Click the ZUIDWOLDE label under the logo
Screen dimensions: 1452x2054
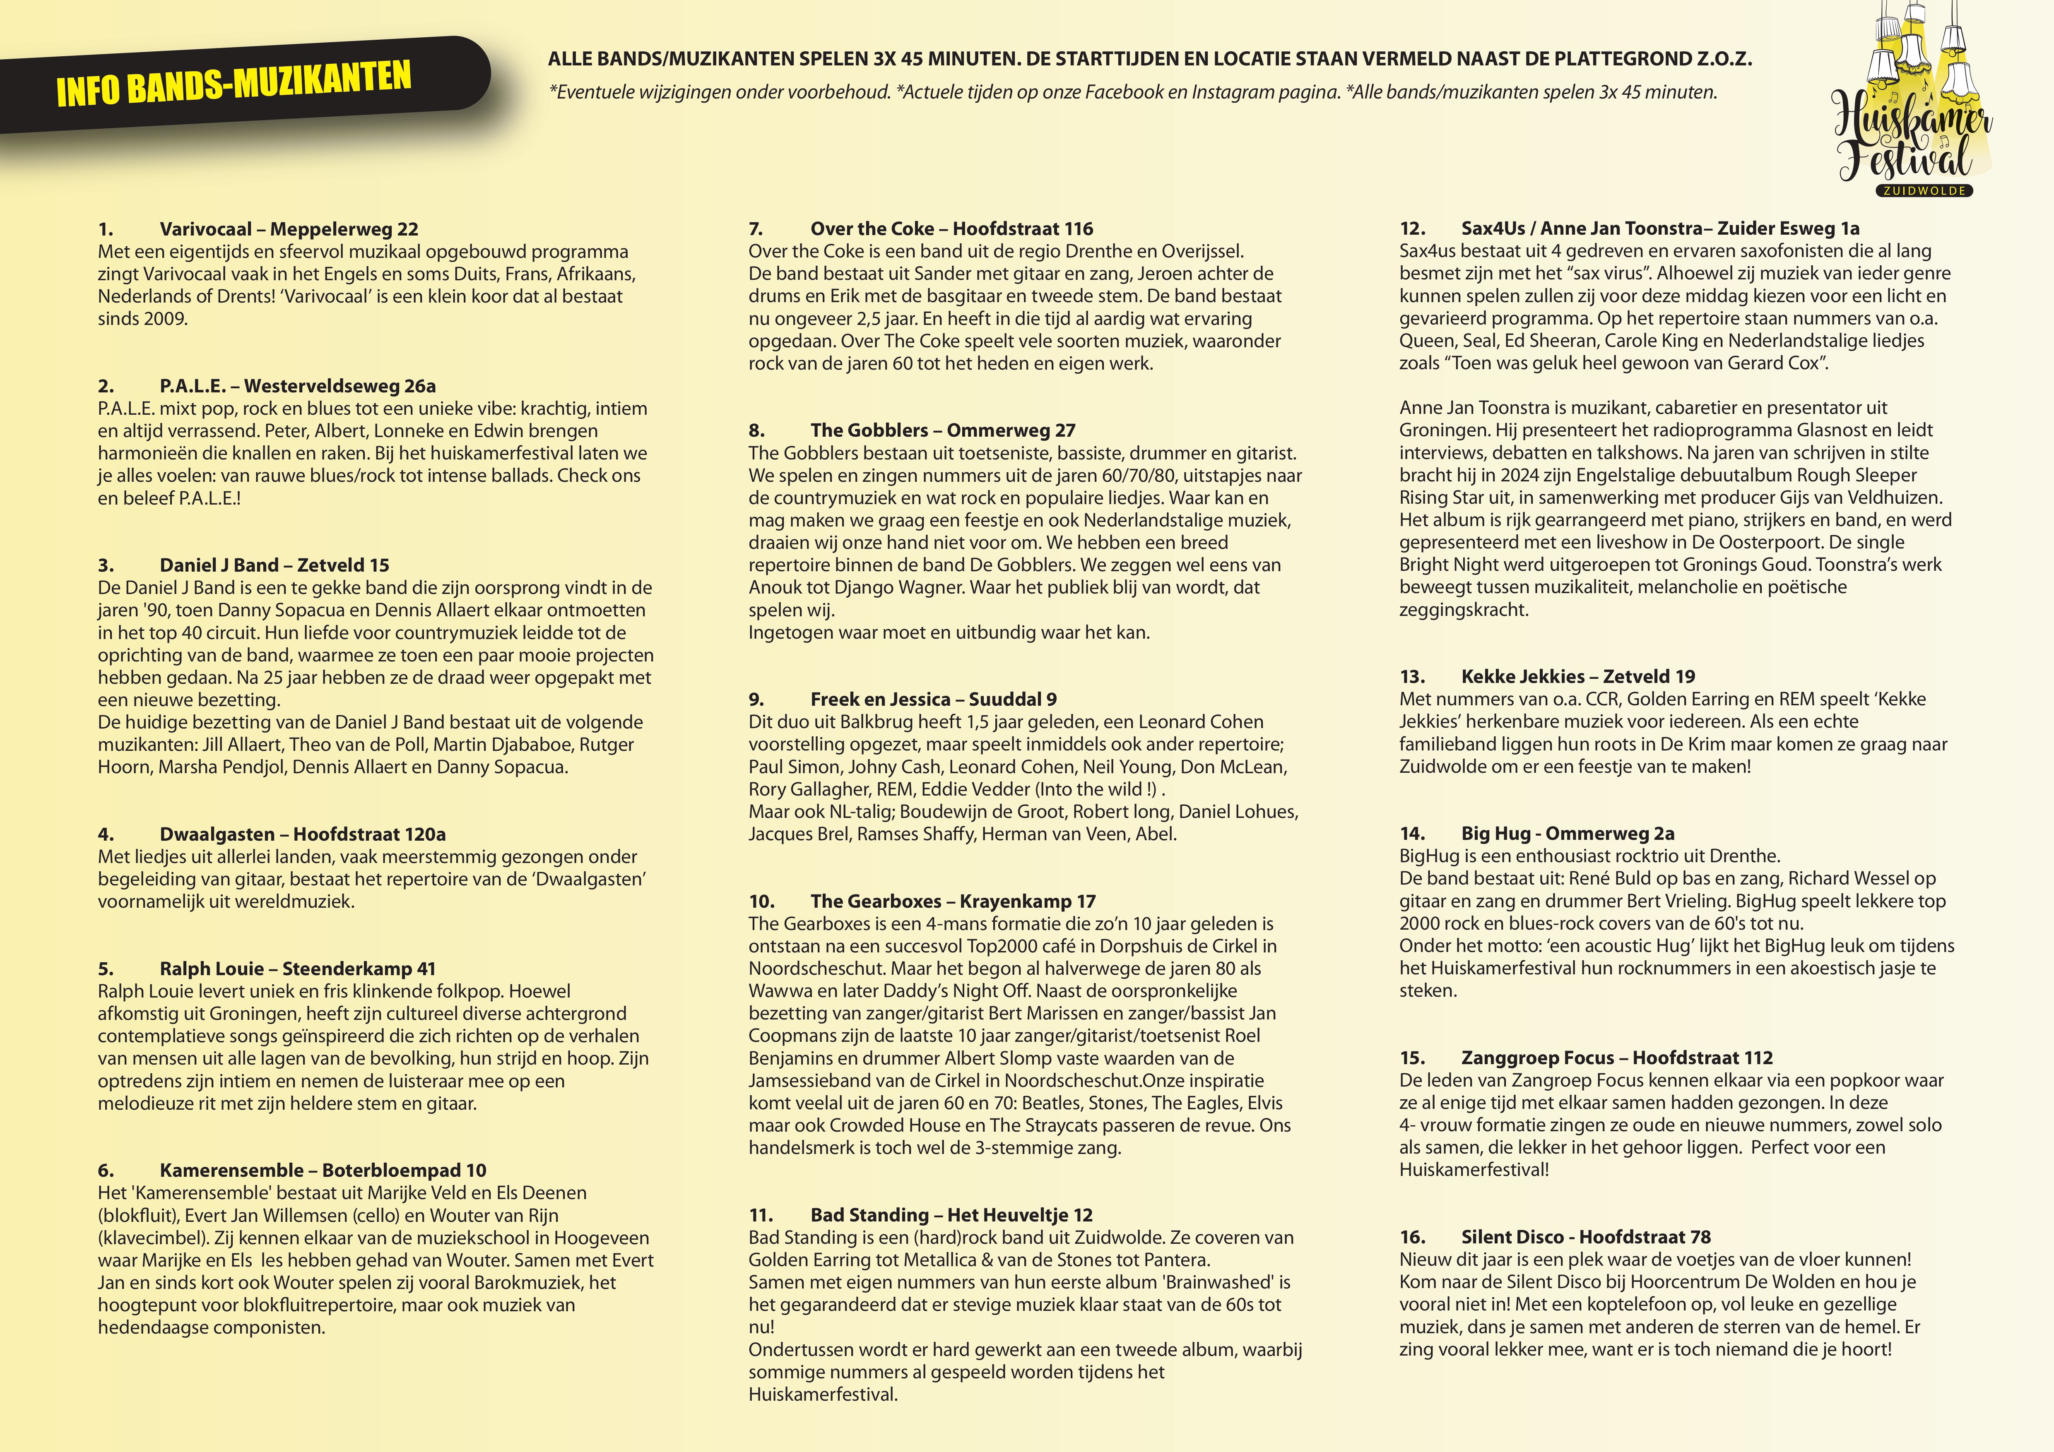pos(1924,190)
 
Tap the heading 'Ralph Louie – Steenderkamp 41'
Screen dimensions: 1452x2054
pos(297,968)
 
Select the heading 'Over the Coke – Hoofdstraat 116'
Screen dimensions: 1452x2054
pos(951,229)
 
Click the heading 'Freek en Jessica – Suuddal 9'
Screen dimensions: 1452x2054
pos(933,699)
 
